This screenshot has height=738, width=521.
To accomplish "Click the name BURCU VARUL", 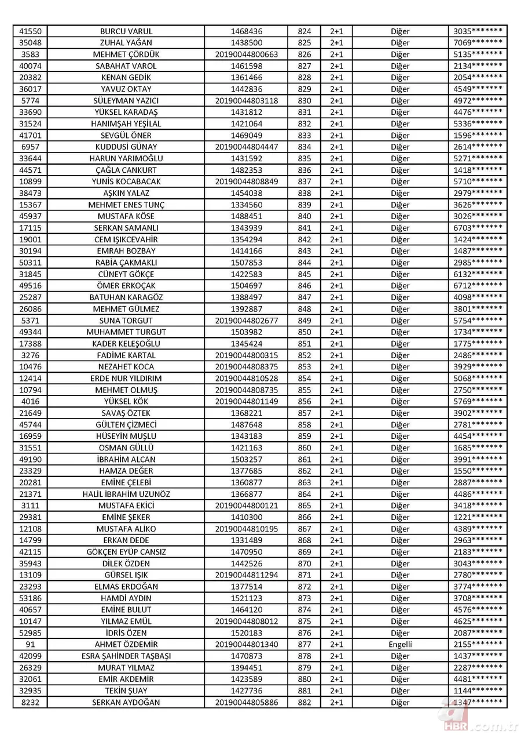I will pyautogui.click(x=126, y=31).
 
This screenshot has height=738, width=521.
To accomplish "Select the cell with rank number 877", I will pyautogui.click(x=304, y=645).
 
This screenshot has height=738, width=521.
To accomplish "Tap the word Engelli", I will pyautogui.click(x=400, y=645).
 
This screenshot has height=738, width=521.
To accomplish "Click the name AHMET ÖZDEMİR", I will pyautogui.click(x=126, y=645).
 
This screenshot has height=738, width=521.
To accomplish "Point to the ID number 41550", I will pyautogui.click(x=30, y=31).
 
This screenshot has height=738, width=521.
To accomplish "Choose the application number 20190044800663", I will pyautogui.click(x=246, y=54).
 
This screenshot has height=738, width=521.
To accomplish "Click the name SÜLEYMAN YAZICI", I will pyautogui.click(x=126, y=101).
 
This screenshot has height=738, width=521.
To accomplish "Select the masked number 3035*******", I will pyautogui.click(x=478, y=31).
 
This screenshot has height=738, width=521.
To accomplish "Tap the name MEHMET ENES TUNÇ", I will pyautogui.click(x=126, y=205).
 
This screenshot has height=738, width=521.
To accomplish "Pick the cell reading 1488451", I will pyautogui.click(x=246, y=216).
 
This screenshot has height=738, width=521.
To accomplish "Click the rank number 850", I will pyautogui.click(x=304, y=332).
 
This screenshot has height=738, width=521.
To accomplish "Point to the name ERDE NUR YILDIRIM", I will pyautogui.click(x=126, y=378).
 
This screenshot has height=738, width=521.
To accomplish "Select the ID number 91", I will pyautogui.click(x=30, y=645).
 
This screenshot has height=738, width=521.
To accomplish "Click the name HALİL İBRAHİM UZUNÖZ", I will pyautogui.click(x=126, y=494).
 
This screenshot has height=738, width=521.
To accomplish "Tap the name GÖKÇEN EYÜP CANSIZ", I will pyautogui.click(x=126, y=552).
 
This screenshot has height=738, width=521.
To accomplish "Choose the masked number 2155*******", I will pyautogui.click(x=478, y=645).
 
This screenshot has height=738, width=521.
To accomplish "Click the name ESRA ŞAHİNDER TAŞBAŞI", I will pyautogui.click(x=126, y=656).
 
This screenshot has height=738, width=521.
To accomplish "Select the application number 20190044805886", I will pyautogui.click(x=246, y=703).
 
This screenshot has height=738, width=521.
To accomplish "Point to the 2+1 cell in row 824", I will pyautogui.click(x=336, y=31).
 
